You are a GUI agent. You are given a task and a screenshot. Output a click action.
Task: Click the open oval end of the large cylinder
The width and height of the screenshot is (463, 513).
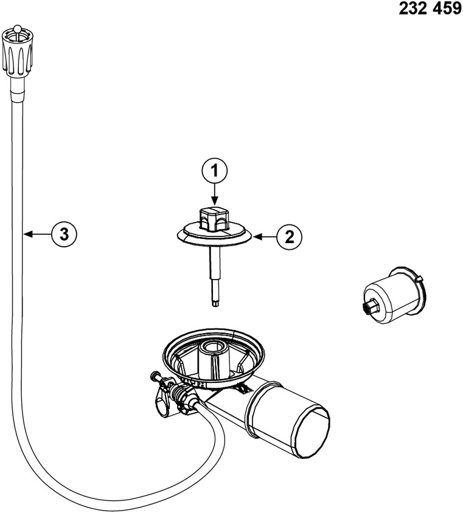(x=314, y=431)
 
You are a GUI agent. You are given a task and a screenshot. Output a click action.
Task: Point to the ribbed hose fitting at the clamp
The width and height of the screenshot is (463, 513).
(x=179, y=396)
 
